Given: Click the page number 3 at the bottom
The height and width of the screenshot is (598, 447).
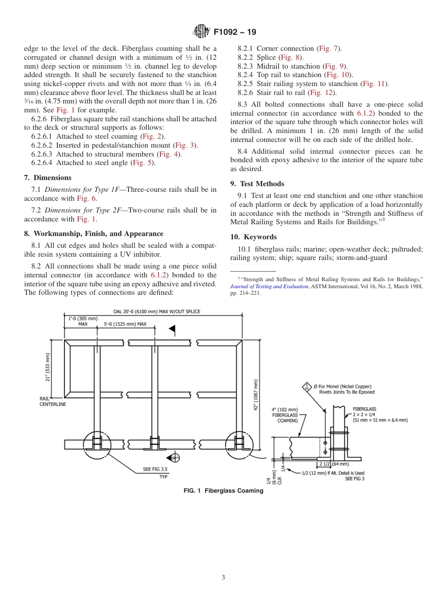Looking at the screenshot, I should (x=223, y=577).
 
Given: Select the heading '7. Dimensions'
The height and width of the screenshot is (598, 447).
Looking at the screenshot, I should (x=48, y=178).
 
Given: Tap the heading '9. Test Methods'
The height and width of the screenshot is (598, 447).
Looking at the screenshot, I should (x=257, y=184).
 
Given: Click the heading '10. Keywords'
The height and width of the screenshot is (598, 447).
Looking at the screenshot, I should (x=253, y=237).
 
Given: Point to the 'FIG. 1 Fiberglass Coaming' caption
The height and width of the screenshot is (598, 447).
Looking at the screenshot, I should (x=223, y=491).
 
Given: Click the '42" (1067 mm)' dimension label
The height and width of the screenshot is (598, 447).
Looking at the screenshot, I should (x=255, y=394).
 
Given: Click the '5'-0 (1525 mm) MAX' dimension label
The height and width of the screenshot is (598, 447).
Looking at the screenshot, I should (x=125, y=324).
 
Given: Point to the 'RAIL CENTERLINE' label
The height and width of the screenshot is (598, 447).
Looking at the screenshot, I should (x=52, y=401).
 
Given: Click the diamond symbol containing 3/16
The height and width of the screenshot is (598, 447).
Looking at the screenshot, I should (x=307, y=387).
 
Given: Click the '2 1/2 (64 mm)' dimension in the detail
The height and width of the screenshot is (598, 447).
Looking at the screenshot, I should (x=335, y=464).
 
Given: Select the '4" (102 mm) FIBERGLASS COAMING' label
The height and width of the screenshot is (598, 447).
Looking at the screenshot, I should (x=285, y=415).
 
